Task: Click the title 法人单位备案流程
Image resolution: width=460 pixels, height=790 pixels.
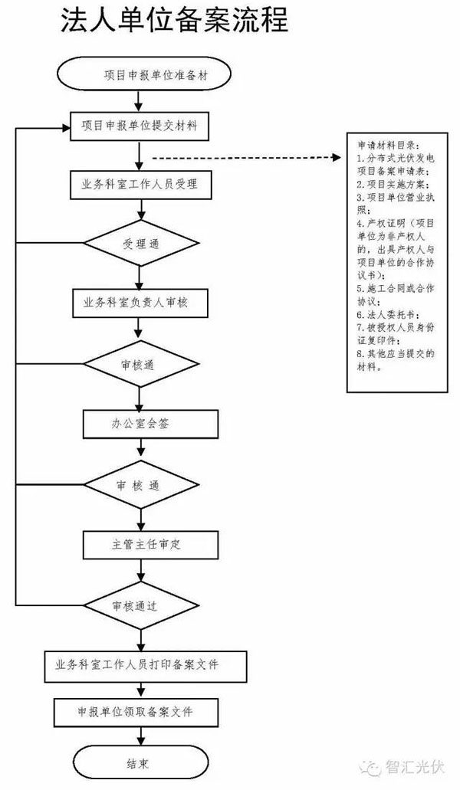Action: [174, 21]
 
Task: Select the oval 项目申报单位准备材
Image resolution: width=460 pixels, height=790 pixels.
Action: [145, 75]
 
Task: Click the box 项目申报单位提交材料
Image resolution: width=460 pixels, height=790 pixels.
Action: [139, 126]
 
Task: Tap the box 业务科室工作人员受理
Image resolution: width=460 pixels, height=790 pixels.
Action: [140, 185]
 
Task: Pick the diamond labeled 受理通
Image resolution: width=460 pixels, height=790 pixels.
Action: [141, 244]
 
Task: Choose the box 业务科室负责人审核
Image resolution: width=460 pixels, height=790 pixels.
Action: [140, 303]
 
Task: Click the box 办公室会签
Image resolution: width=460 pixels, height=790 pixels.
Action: [150, 424]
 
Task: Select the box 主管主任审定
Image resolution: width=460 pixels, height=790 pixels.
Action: [150, 545]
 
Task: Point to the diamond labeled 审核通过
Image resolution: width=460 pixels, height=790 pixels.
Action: [141, 605]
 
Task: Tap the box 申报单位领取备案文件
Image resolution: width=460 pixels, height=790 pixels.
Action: [136, 712]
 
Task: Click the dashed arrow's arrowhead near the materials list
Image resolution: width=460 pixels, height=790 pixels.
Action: [337, 158]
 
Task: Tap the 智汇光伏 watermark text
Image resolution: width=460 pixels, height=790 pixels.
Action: [416, 767]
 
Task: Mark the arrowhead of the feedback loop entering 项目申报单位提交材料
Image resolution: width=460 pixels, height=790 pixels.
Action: [66, 128]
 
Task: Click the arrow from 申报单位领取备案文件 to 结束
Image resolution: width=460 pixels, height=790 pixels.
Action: [140, 736]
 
